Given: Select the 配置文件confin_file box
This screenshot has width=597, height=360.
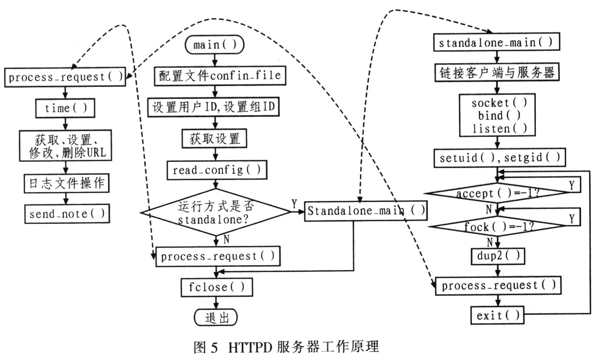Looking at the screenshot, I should click(220, 75).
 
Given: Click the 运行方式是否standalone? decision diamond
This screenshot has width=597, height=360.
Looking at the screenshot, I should click(216, 212).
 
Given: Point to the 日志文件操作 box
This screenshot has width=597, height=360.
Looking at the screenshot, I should click(66, 183).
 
